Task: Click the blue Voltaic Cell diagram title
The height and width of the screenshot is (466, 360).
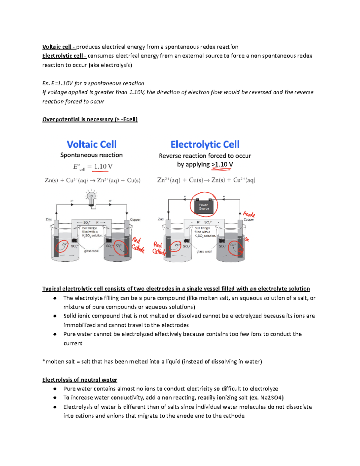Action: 91,144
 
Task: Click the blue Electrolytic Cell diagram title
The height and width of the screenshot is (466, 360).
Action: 205,144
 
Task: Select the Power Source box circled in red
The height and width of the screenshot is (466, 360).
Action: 204,207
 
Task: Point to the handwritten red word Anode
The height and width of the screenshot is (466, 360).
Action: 249,214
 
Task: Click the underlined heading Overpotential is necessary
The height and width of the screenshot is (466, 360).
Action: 90,119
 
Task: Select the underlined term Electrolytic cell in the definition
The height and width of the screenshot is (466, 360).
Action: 64,56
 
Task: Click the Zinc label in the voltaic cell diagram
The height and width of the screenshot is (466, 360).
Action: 49,219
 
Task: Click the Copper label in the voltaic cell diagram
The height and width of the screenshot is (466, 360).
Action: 135,220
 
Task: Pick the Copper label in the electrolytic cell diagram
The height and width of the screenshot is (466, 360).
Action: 249,220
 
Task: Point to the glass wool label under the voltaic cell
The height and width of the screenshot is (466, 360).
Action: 91,251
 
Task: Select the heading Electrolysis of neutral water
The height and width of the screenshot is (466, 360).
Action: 79,380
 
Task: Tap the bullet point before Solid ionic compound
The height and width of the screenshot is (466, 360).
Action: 55,316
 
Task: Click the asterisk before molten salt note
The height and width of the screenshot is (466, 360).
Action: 44,361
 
